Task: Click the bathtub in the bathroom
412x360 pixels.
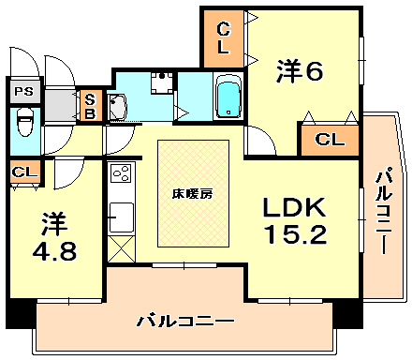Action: tap(228, 98)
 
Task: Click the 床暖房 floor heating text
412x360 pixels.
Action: tap(192, 193)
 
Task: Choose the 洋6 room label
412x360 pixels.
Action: tap(299, 70)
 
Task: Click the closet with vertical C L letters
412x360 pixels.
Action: tap(224, 37)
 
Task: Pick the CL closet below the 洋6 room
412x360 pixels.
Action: tap(328, 141)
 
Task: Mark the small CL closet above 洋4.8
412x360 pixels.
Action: tap(24, 172)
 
